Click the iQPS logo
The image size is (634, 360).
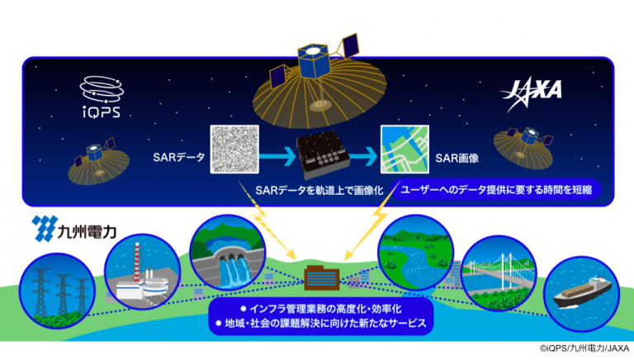pos(102,97)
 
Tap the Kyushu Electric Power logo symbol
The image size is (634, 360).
pos(43,228)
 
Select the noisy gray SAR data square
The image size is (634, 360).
pos(234,149)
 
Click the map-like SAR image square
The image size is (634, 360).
pos(405,149)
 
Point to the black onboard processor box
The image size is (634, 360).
pos(323,155)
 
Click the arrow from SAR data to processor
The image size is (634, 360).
pos(277,156)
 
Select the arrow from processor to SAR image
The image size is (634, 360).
pos(364,156)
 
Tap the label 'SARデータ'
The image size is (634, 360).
pos(178,158)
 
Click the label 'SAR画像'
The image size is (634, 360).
pos(457,159)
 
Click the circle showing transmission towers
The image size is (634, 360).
pos(57,291)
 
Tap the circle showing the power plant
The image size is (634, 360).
pos(142,272)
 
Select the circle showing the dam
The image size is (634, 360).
pos(227,253)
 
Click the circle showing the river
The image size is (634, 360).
pos(416,253)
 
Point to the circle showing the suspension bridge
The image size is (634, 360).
pos(499,273)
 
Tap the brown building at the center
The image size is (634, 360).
pos(322,277)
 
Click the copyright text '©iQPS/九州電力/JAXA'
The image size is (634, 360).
pos(584,348)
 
